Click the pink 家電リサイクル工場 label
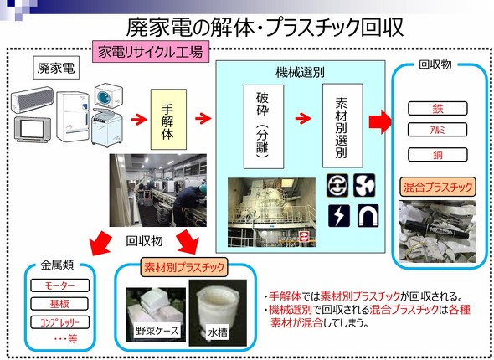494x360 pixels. coord(151,51)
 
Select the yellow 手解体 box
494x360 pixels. coord(168,120)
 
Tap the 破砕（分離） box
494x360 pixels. coord(264,126)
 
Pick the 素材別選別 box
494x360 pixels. coord(342,126)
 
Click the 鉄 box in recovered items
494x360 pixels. coord(437,109)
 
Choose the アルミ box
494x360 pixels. coord(437,130)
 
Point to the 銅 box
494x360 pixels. coord(437,155)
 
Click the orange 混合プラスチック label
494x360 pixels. coord(438,187)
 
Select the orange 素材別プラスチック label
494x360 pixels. coord(183,267)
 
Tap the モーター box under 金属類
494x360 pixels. coord(59,285)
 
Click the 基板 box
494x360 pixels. coord(59,304)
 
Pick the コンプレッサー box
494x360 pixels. coord(59,322)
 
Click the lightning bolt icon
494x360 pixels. coord(339,216)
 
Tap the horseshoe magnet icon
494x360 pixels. coord(368,216)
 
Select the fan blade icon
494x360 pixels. coord(364,185)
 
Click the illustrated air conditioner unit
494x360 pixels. coord(33,100)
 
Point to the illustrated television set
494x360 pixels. coord(33,129)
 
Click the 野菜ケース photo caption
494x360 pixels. coord(157,331)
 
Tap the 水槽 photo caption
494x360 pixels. coord(218,332)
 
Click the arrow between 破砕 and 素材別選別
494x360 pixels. coord(303,118)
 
